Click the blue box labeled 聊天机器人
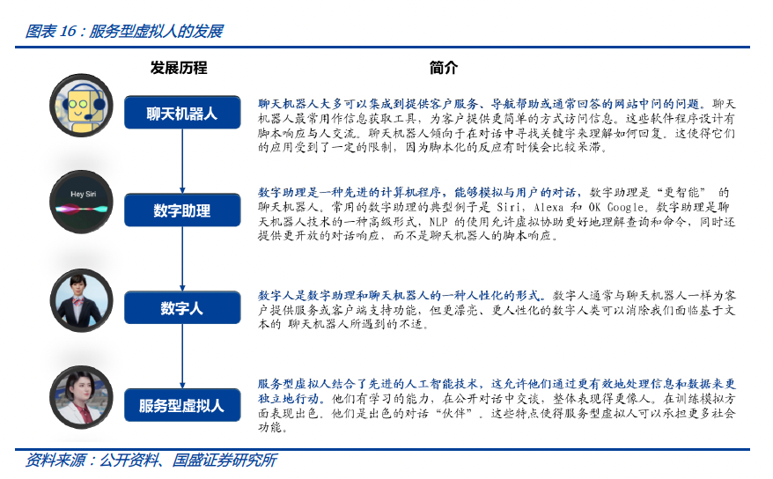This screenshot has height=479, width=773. pos(181,114)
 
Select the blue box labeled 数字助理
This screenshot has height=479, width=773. pos(181,210)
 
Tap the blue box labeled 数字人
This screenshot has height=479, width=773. pos(181,308)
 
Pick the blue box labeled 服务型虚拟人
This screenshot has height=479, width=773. pos(181,406)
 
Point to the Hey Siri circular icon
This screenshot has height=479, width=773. pos(78,200)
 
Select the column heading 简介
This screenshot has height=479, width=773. pos(444,68)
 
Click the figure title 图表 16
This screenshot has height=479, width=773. pos(124,32)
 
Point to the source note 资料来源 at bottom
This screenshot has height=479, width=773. pos(151,461)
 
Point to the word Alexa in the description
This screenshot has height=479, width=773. pos(550,207)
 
